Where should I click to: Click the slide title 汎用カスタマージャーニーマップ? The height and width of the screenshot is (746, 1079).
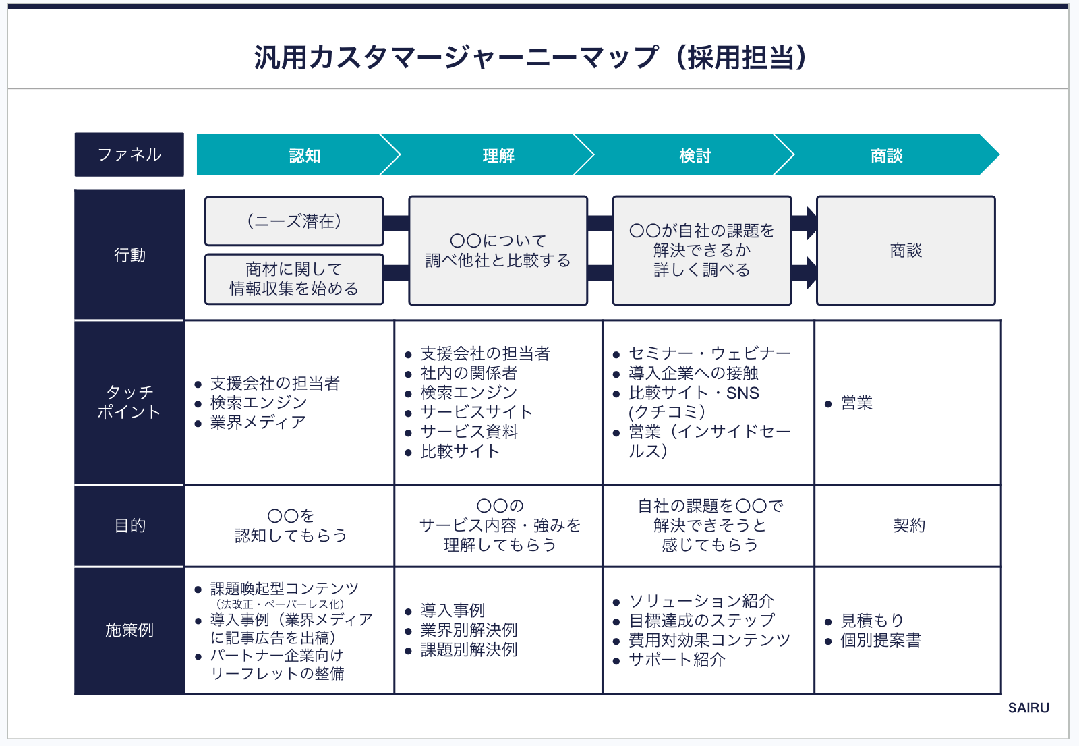tap(530, 58)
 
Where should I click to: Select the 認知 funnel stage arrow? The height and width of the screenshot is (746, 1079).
tap(304, 156)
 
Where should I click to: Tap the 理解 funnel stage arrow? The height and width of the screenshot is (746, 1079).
tap(498, 156)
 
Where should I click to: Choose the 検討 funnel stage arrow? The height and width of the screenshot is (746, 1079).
tap(695, 156)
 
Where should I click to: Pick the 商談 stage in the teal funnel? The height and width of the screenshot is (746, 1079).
tap(886, 156)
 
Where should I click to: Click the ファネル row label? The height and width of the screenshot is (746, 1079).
tap(129, 154)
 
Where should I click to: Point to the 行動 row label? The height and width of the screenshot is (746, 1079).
tap(129, 255)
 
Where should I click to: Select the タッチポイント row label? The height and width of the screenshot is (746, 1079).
tap(129, 402)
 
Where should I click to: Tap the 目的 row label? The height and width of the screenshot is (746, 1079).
tap(129, 525)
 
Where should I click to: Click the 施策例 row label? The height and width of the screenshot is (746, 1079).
tap(129, 630)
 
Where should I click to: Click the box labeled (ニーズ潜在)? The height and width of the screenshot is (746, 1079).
tap(294, 221)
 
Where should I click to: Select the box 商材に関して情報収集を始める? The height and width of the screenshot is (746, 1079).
tap(294, 279)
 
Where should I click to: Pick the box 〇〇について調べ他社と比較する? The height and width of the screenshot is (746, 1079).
tap(498, 251)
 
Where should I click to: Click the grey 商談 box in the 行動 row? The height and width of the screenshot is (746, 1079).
tap(906, 251)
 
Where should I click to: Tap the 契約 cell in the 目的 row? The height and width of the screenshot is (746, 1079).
tap(908, 525)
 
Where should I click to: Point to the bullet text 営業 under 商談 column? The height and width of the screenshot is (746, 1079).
tap(856, 403)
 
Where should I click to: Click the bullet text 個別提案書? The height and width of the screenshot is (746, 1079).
tap(880, 640)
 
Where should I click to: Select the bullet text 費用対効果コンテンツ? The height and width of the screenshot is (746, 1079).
tap(709, 640)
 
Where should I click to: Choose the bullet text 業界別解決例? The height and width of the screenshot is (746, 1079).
tap(469, 630)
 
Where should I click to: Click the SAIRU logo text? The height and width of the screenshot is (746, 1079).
tap(1028, 708)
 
